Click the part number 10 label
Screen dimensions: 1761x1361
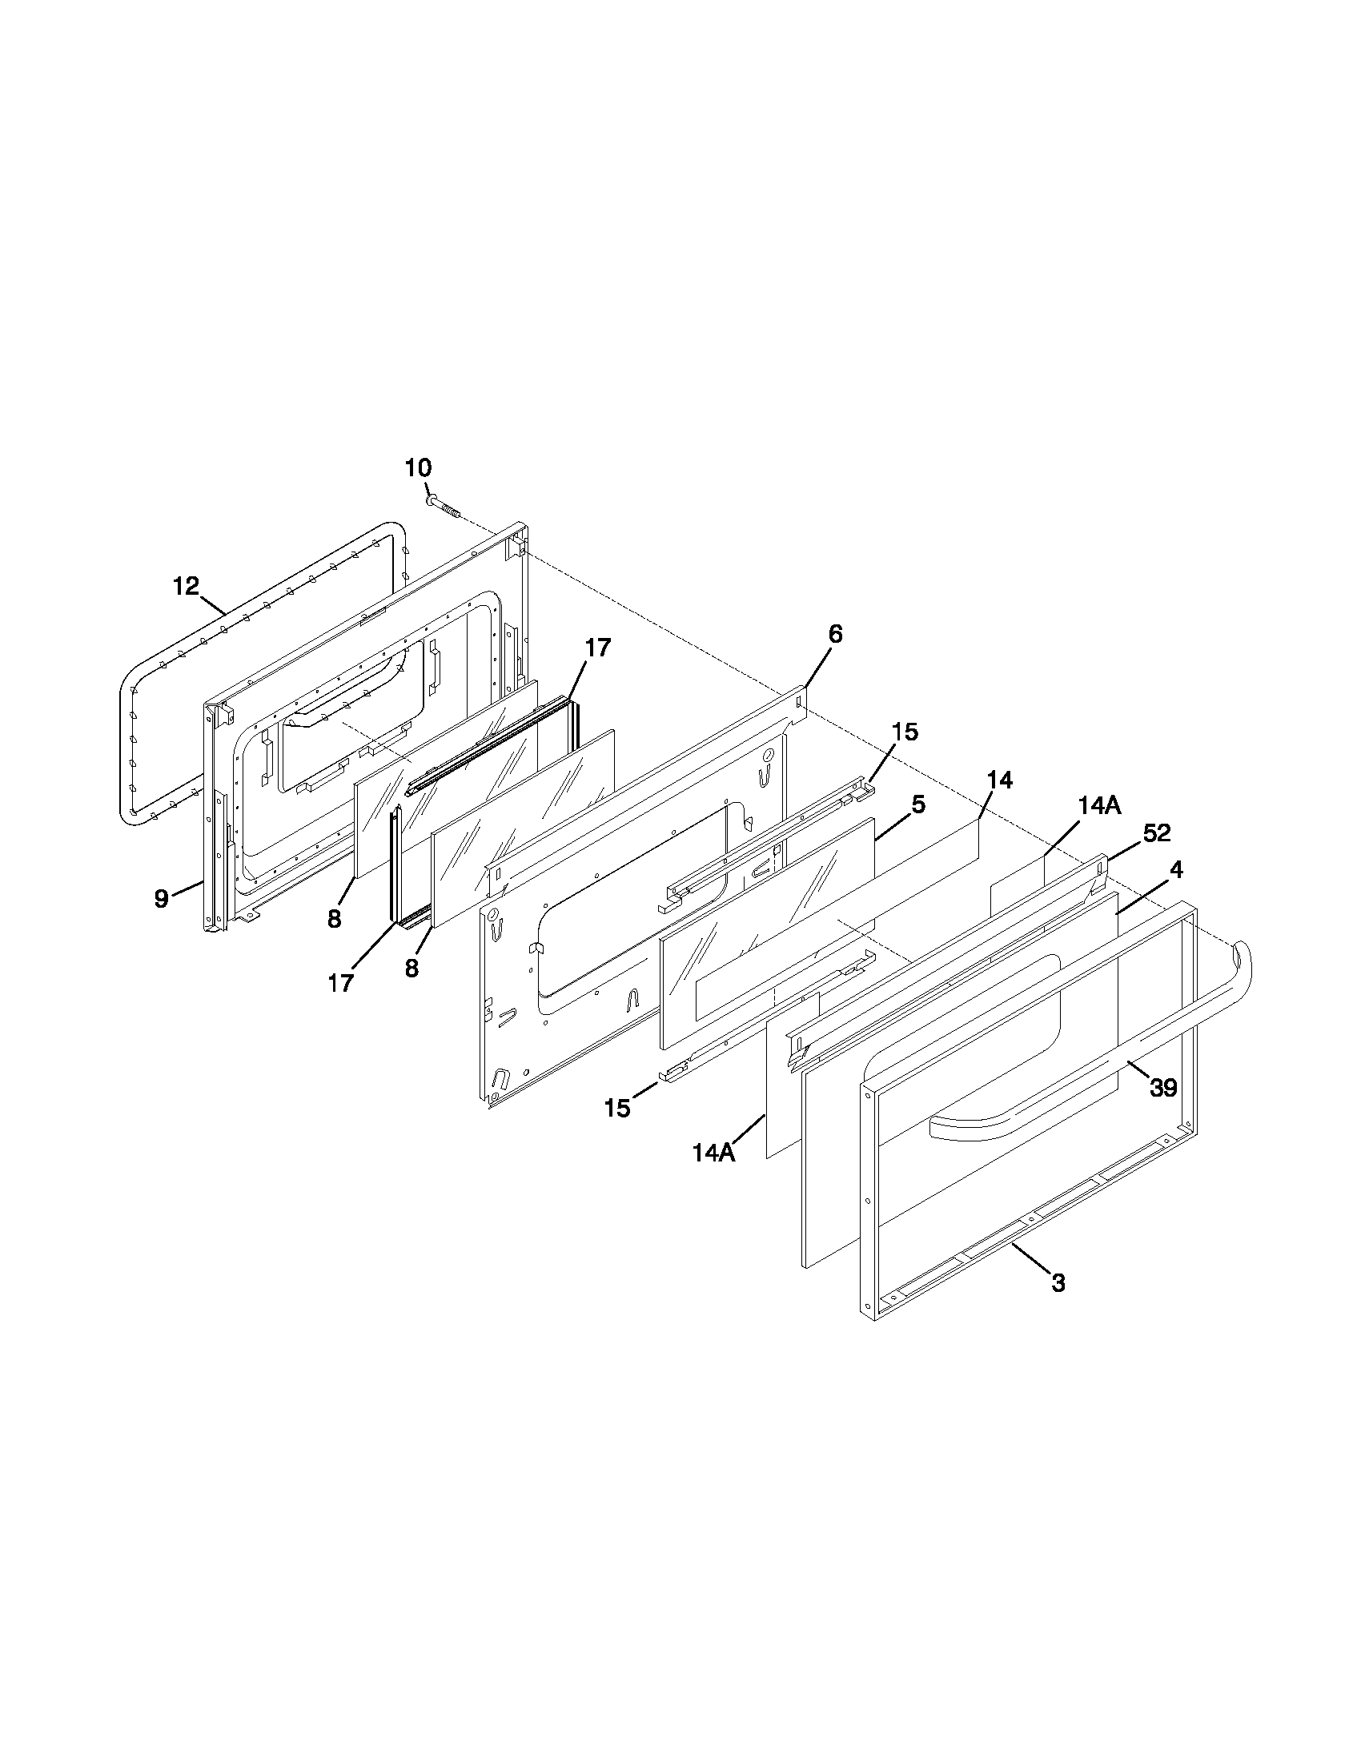(x=418, y=467)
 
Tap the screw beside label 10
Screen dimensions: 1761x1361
(x=443, y=507)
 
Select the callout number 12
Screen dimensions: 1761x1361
(x=186, y=586)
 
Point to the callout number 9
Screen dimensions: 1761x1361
(x=162, y=898)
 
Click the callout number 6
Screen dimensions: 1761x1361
(x=835, y=635)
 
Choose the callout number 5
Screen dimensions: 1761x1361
(x=918, y=804)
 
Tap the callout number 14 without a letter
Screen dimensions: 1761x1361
(x=999, y=780)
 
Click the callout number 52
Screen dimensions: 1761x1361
(x=1156, y=833)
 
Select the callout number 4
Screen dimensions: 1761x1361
(x=1176, y=869)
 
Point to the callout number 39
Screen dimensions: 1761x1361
(x=1162, y=1088)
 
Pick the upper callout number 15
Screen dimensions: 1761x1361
(x=905, y=732)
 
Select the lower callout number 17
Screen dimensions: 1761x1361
(x=340, y=983)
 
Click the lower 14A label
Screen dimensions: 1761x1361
(x=714, y=1153)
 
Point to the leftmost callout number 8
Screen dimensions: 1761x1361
(x=334, y=918)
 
